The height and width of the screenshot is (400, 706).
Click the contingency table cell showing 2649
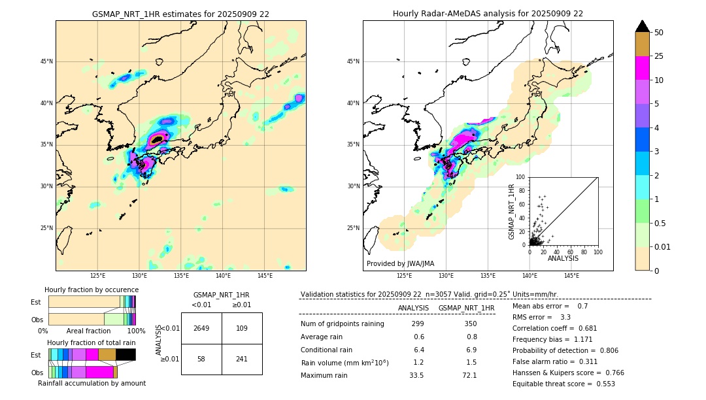click(201, 328)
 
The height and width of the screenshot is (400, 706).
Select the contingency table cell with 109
click(242, 328)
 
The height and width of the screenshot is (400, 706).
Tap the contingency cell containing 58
click(201, 359)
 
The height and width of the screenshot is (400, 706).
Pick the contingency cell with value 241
click(242, 359)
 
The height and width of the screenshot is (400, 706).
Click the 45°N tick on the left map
click(46, 61)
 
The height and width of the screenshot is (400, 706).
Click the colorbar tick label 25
click(660, 56)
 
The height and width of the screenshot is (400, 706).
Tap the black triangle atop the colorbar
click(643, 26)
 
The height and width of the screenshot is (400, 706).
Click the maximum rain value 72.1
click(470, 375)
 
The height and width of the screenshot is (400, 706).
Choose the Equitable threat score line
click(563, 384)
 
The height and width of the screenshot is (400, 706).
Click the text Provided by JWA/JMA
click(400, 264)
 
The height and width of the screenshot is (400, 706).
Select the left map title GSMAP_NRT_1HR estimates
click(180, 14)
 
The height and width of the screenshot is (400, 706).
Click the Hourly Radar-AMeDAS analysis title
click(488, 14)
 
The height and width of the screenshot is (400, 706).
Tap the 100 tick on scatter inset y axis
click(521, 177)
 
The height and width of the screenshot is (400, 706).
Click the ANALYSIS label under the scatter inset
click(563, 258)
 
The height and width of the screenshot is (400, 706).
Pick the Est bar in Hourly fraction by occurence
click(92, 301)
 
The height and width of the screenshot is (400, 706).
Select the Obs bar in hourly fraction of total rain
click(82, 372)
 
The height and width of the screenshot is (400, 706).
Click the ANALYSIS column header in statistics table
click(413, 308)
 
